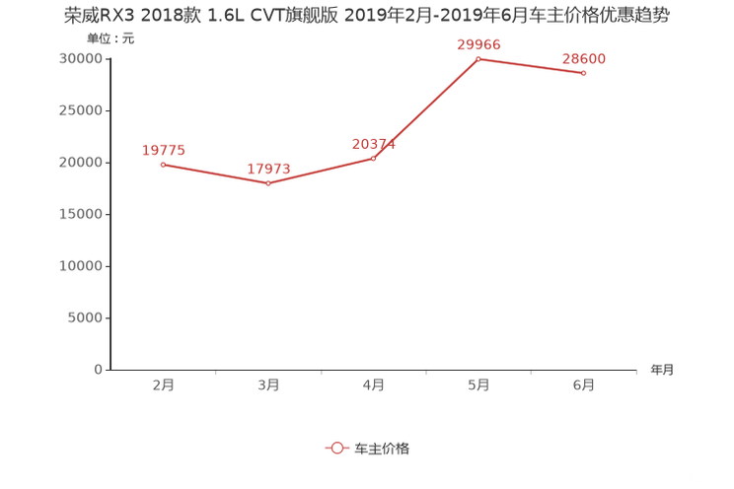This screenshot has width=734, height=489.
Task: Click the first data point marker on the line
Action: (x=163, y=164)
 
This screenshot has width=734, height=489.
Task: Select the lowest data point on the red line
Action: (x=268, y=183)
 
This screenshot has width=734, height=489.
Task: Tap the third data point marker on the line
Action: (x=374, y=158)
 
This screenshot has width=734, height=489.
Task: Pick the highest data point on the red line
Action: (x=478, y=58)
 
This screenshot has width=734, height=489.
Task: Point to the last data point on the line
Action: (x=584, y=73)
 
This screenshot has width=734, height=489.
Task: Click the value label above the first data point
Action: (x=164, y=150)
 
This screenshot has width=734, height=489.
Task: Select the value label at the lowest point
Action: (x=268, y=169)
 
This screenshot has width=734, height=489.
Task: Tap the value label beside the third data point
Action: (x=373, y=144)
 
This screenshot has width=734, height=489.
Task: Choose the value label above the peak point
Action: (x=478, y=44)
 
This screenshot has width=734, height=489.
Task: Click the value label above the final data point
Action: (x=584, y=59)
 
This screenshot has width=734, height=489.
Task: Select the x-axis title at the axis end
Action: (x=662, y=371)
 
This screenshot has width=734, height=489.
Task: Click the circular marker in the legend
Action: (x=337, y=448)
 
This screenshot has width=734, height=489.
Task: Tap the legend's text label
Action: (x=382, y=448)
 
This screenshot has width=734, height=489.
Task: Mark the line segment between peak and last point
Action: (x=531, y=65)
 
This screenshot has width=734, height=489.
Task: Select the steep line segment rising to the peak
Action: (x=426, y=108)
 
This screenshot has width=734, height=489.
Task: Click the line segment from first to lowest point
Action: (x=215, y=174)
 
